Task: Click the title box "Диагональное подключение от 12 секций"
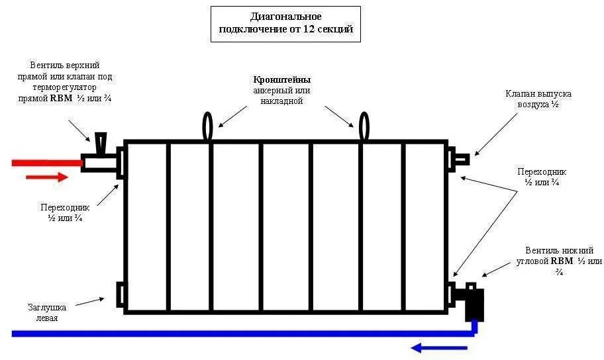[x=285, y=24]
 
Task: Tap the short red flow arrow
[x=46, y=177]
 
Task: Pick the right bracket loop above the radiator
[x=364, y=126]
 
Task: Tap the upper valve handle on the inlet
[x=100, y=142]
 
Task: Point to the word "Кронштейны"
[x=282, y=79]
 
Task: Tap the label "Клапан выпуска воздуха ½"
[x=537, y=99]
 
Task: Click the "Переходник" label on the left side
[x=65, y=212]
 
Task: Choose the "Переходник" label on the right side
[x=542, y=177]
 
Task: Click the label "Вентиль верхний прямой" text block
[x=65, y=82]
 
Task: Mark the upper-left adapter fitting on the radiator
[x=120, y=163]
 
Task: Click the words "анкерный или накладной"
[x=282, y=96]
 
